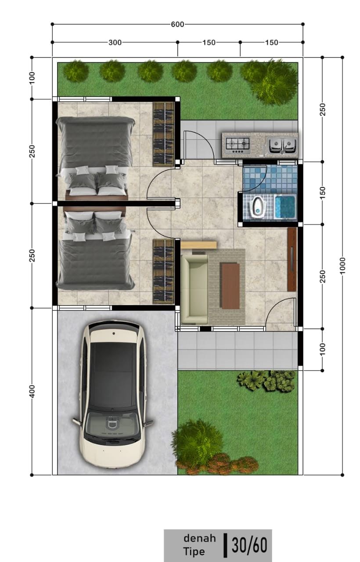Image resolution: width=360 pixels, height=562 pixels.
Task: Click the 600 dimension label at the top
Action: coord(177,24)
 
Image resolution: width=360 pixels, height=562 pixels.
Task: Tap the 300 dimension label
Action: coord(115,43)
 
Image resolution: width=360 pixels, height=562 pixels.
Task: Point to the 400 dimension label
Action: coord(32,391)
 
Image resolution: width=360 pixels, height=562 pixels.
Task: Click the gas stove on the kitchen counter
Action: coord(238,146)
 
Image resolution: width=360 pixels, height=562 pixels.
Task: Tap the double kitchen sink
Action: coord(282,145)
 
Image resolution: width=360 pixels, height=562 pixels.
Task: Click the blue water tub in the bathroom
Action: coord(285,207)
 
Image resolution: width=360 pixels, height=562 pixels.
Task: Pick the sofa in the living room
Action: coord(194,289)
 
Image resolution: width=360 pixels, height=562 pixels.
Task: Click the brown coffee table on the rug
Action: coord(230,285)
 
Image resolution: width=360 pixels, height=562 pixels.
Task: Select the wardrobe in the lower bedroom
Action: coord(163,271)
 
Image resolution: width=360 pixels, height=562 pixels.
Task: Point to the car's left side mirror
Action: coord(76,421)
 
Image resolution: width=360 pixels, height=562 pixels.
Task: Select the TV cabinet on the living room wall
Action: coord(292,259)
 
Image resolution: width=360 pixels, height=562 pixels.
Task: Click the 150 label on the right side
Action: coord(323,193)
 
